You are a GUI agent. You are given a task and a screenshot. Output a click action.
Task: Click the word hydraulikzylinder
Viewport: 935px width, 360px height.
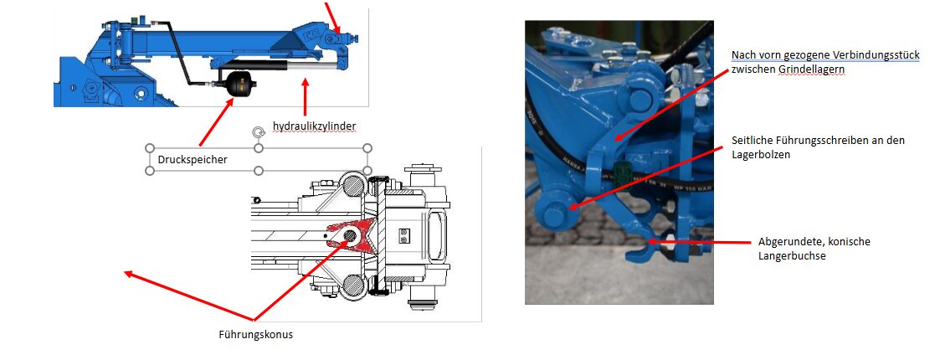314,126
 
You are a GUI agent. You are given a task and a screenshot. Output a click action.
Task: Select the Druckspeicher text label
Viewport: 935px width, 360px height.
193,160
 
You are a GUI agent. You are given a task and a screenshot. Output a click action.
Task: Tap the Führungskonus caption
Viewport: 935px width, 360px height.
256,334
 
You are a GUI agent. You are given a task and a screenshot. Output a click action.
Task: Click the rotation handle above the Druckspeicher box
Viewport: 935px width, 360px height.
258,132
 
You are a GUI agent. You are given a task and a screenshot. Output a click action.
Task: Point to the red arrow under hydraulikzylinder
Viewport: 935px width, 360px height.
306,96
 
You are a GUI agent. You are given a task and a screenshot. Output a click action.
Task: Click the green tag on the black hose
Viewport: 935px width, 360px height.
623,171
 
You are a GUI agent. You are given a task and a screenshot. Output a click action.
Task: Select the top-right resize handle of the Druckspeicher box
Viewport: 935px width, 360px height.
367,148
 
